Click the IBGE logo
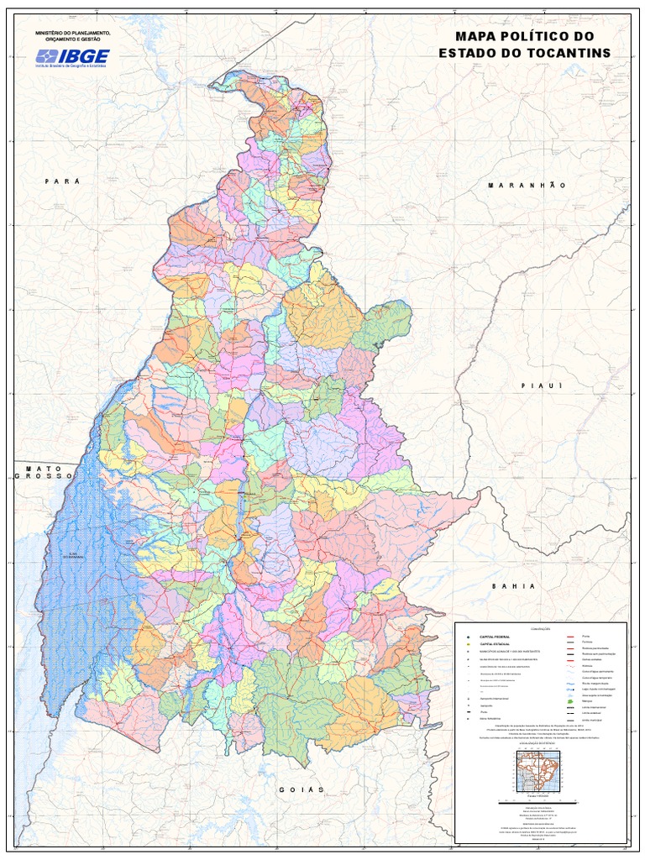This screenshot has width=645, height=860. [71, 58]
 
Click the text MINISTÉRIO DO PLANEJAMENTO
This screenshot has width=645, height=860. [72, 33]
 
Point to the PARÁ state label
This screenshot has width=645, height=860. [63, 181]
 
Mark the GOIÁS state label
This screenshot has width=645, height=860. [302, 790]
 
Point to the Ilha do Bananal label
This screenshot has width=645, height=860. [80, 555]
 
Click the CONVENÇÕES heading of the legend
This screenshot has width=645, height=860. [540, 630]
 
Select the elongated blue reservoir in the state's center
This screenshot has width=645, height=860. [241, 512]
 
